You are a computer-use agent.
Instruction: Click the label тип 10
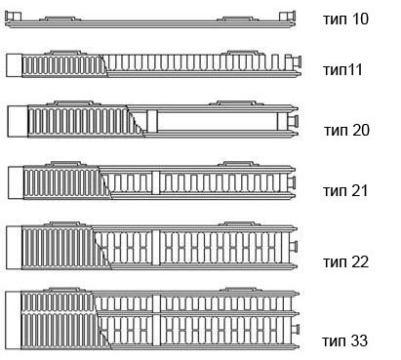[x=345, y=19]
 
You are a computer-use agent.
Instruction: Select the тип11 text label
[x=342, y=69]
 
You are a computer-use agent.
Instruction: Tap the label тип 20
[x=346, y=131]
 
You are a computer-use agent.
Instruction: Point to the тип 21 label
[x=345, y=190]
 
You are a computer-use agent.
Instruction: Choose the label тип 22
[x=345, y=261]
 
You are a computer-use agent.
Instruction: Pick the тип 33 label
[x=345, y=340]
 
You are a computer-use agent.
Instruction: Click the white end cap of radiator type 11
[x=14, y=65]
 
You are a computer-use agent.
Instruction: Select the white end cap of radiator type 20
[x=18, y=121]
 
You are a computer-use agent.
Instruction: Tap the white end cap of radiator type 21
[x=16, y=182]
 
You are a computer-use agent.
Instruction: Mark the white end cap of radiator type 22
[x=14, y=248]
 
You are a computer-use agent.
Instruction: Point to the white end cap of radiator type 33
[x=14, y=320]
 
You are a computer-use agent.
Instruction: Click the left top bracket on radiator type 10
[x=60, y=19]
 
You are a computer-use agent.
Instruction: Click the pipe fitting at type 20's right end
[x=293, y=121]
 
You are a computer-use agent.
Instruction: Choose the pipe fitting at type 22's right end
[x=294, y=246]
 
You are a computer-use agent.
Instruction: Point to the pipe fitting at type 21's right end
[x=292, y=183]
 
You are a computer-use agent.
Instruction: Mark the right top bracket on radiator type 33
[x=241, y=290]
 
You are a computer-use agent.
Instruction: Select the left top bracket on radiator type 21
[x=65, y=164]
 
